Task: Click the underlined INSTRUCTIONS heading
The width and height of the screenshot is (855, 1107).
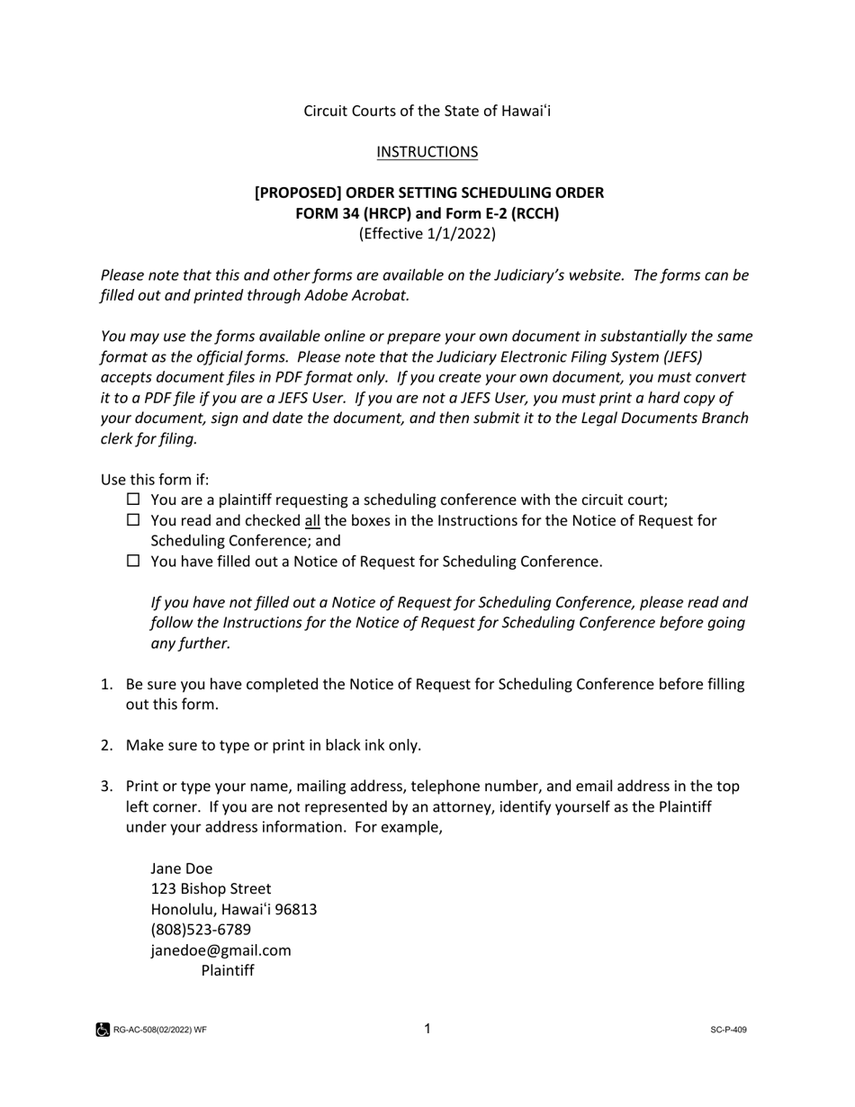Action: (x=427, y=152)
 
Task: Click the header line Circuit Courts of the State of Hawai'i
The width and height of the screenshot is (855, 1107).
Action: (x=427, y=111)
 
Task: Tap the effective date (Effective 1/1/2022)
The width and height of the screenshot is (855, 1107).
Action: (x=427, y=234)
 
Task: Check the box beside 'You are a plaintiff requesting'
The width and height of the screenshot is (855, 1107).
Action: (x=133, y=499)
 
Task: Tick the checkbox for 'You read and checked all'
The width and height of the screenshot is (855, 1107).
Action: (x=133, y=520)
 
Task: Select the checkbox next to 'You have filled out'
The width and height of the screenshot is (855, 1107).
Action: (x=133, y=561)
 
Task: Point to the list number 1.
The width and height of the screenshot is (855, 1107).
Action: (x=105, y=684)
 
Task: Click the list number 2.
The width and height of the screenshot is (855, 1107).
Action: (x=105, y=745)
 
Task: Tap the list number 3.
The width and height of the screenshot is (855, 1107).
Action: (x=105, y=787)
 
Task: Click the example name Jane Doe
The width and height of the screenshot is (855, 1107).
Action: (x=182, y=868)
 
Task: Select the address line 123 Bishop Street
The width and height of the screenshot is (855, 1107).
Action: (x=211, y=889)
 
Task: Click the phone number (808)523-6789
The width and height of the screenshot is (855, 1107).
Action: (x=201, y=930)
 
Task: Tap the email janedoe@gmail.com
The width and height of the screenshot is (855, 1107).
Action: (x=220, y=950)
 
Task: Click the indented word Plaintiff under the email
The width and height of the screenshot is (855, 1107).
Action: (x=228, y=971)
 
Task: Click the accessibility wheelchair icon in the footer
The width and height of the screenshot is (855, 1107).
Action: (x=103, y=1030)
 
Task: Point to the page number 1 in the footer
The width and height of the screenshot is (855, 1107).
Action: (x=427, y=1029)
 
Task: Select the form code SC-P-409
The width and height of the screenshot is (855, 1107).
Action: (x=728, y=1030)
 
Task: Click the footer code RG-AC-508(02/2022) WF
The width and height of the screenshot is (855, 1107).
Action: (x=160, y=1030)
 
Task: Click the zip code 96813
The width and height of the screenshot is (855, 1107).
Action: (x=296, y=910)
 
